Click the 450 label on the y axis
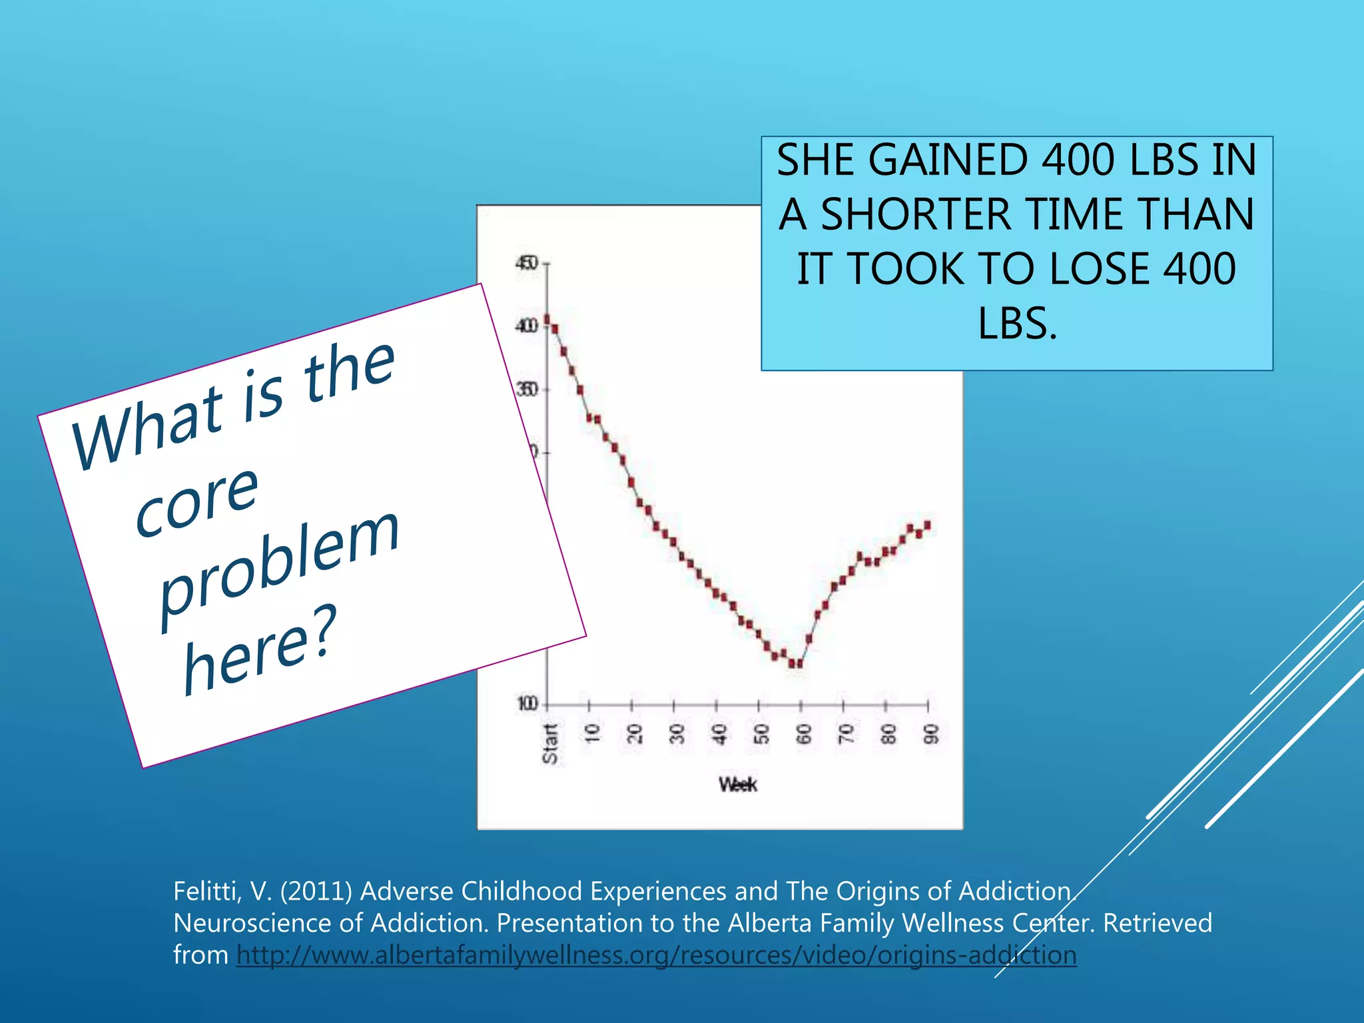tap(526, 264)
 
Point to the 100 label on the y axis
tap(527, 704)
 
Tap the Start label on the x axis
tap(550, 744)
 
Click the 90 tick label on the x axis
tap(931, 734)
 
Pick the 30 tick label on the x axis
tap(677, 734)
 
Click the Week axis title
tap(737, 785)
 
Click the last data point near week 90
tap(927, 525)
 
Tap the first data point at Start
tap(547, 319)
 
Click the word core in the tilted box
tap(196, 501)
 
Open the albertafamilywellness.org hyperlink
tap(656, 955)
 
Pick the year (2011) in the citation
tap(316, 891)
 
